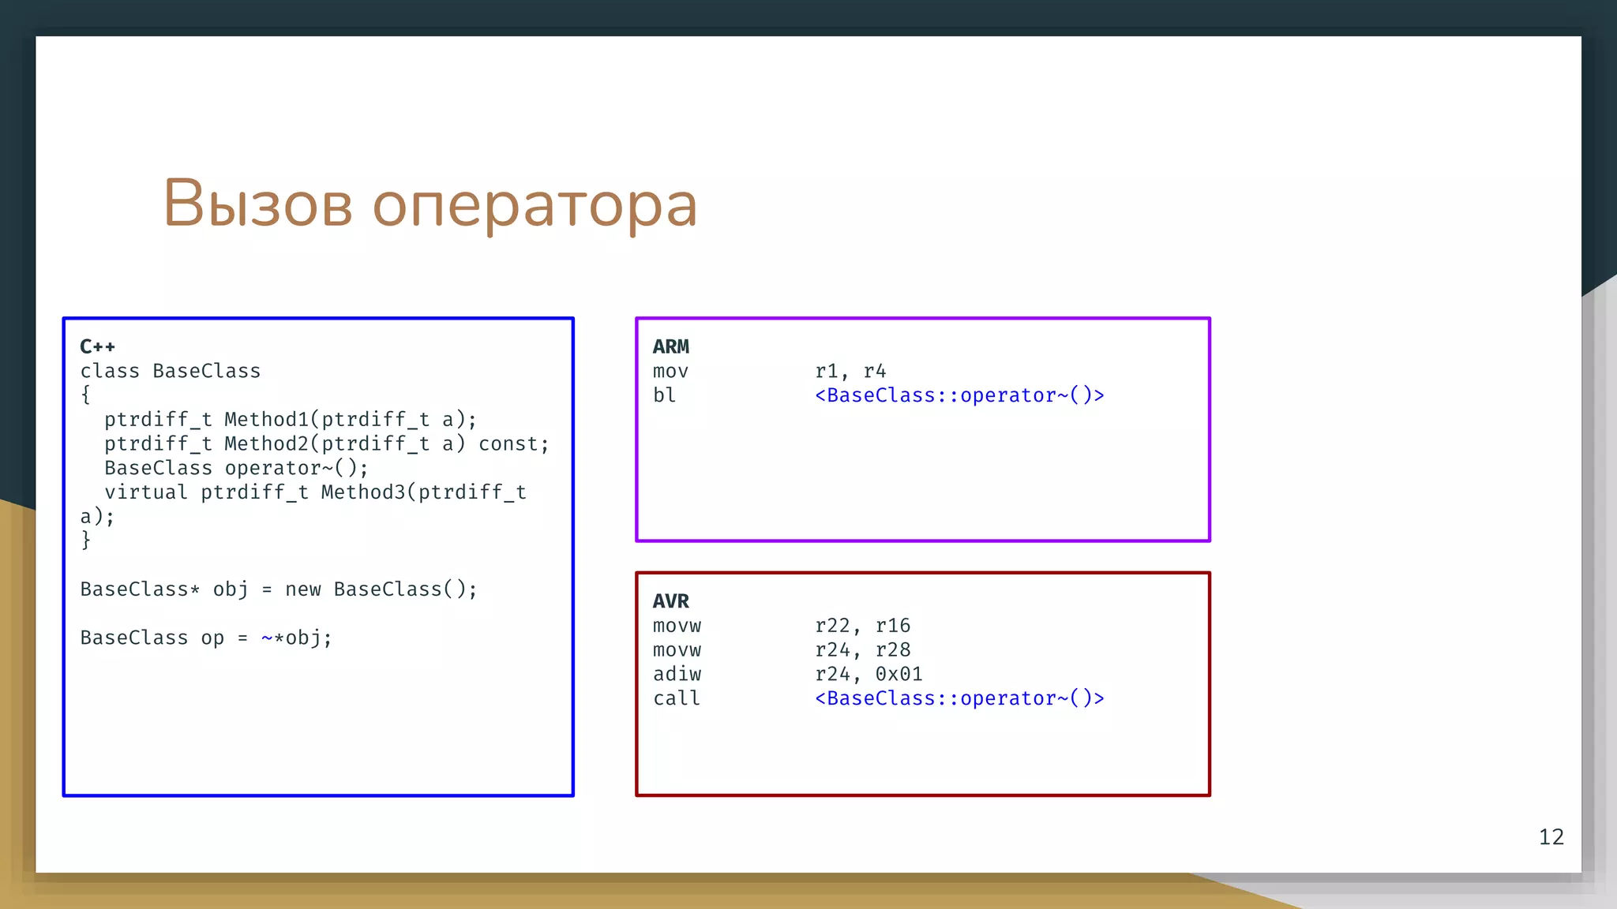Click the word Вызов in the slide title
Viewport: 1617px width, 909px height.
point(257,204)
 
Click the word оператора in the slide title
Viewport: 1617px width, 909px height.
point(535,207)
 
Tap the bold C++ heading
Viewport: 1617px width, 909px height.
point(97,346)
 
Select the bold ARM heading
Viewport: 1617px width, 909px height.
point(670,346)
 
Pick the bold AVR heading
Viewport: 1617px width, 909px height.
point(670,601)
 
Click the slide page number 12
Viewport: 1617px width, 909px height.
point(1551,836)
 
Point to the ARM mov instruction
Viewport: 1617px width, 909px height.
point(670,371)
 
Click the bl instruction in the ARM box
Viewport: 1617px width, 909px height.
point(664,395)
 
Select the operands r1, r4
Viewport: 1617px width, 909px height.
point(850,371)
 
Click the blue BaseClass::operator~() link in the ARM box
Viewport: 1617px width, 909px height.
point(959,395)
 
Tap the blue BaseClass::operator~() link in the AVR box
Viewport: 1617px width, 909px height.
point(959,698)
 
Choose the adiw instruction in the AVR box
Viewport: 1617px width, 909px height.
point(677,674)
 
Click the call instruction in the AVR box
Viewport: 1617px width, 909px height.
point(677,698)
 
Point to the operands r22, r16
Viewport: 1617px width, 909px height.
point(862,626)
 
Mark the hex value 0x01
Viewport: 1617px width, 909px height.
point(899,674)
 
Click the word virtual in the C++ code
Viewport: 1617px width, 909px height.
point(146,492)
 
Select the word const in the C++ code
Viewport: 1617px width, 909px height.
point(508,444)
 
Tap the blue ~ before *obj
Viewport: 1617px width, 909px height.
point(267,638)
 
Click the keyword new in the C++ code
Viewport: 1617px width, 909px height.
point(303,589)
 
